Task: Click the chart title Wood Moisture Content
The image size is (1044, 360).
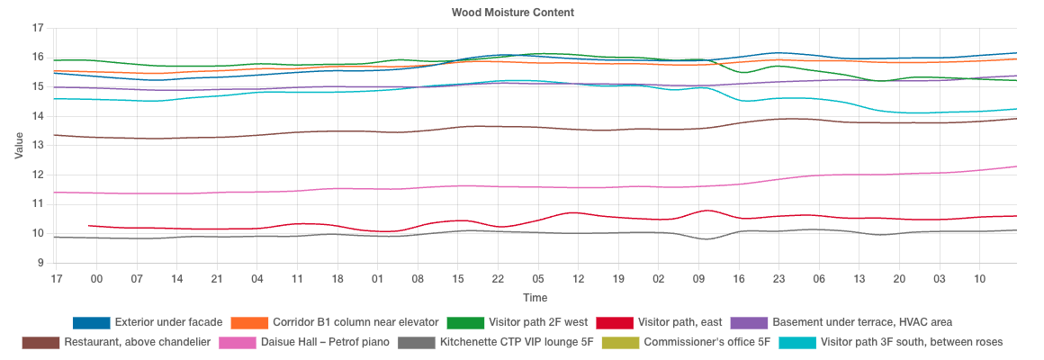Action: [512, 13]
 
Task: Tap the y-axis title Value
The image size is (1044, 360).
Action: [20, 146]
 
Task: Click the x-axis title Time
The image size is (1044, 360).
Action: [535, 297]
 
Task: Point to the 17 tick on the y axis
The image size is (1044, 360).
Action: [37, 29]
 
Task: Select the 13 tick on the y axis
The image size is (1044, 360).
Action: [37, 146]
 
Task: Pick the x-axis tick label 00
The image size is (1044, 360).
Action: [96, 280]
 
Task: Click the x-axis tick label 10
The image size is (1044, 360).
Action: [980, 280]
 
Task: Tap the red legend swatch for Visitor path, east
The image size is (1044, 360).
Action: [615, 322]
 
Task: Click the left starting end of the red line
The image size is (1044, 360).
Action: [88, 226]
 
